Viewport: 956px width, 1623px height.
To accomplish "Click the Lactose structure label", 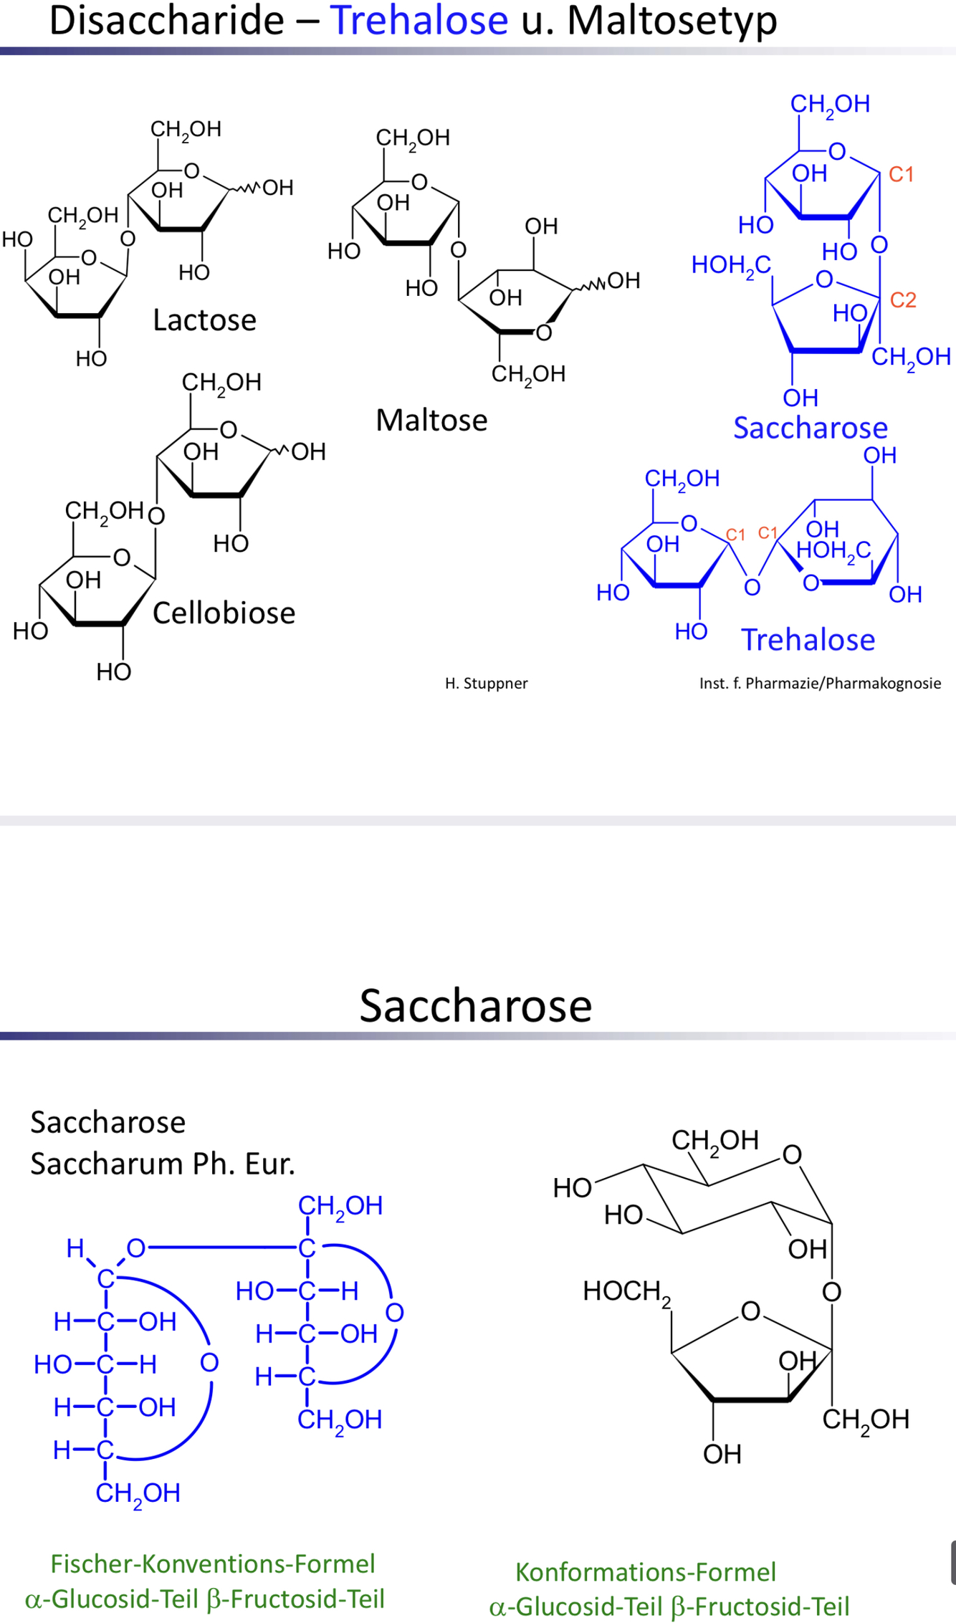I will [204, 320].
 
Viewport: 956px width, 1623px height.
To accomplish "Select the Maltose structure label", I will [431, 420].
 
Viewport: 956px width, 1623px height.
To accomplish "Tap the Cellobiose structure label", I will [224, 613].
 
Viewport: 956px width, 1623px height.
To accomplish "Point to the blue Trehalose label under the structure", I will [808, 640].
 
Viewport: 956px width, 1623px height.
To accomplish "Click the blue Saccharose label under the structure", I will [811, 428].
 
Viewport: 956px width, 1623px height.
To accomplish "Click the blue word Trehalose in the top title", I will [419, 20].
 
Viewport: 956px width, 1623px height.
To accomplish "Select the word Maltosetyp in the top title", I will [671, 20].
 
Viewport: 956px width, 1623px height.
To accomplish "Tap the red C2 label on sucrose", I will [903, 300].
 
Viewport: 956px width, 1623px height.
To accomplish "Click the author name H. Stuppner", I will [486, 684].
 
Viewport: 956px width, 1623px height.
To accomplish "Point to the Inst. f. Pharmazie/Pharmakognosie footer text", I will [820, 684].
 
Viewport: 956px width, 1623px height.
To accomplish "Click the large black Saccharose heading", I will [476, 1005].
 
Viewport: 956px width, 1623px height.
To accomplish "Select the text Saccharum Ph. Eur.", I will [163, 1164].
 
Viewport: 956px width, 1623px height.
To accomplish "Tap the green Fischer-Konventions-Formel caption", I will [213, 1563].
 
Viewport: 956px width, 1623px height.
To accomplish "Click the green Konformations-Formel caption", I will [646, 1571].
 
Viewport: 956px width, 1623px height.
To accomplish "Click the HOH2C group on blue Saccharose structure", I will [731, 265].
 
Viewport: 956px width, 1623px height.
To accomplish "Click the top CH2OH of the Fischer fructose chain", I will [340, 1206].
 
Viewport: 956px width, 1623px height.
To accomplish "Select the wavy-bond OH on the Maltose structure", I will [623, 280].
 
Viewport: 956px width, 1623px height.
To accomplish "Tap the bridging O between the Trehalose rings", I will [752, 588].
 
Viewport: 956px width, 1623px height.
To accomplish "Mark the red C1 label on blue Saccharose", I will [901, 174].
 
